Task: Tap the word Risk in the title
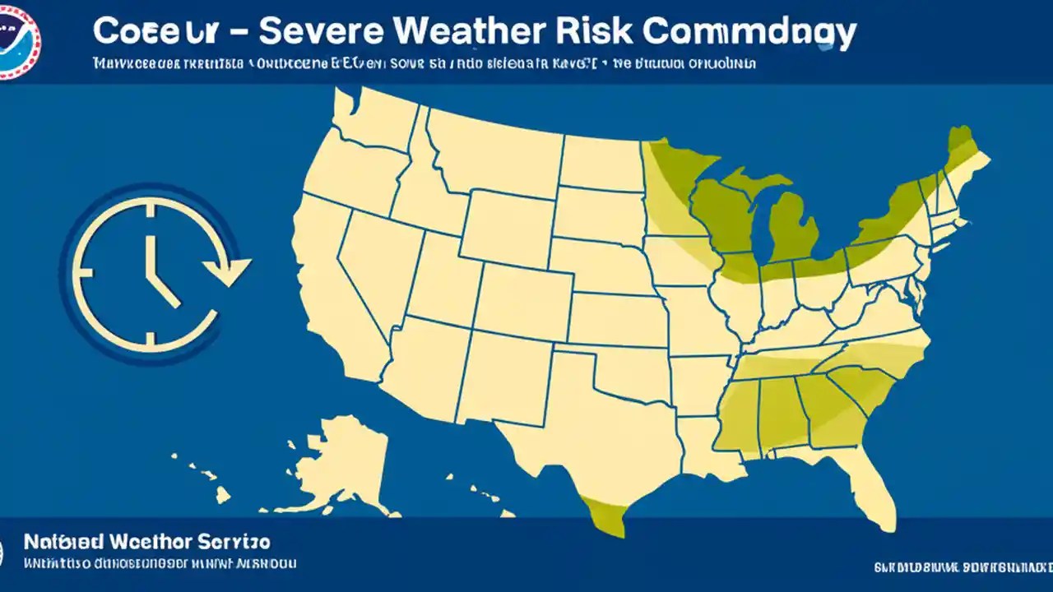595,31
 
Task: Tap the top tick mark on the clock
150,212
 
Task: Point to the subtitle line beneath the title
424,62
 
